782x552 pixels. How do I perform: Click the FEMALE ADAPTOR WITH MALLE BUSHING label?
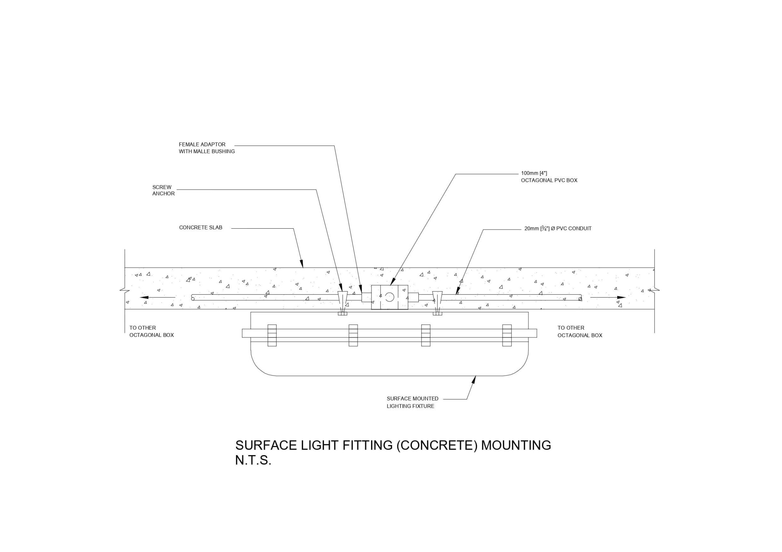[207, 148]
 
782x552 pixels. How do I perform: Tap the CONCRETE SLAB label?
[201, 228]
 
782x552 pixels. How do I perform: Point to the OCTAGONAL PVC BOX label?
[549, 177]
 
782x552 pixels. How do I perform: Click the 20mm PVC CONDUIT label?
[558, 229]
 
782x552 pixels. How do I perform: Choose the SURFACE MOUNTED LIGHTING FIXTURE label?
[412, 402]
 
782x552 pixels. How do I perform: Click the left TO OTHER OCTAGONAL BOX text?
[151, 331]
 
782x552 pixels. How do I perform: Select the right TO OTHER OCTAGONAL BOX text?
[580, 331]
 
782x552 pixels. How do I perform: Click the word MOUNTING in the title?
[516, 445]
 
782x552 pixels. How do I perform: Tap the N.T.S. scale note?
[253, 461]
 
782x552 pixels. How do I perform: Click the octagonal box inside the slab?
[389, 297]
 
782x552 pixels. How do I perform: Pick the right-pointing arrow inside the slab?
[608, 297]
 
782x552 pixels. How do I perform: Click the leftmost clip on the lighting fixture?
[272, 335]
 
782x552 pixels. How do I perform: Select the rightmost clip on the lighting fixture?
[507, 335]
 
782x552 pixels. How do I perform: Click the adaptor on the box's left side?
[366, 297]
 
